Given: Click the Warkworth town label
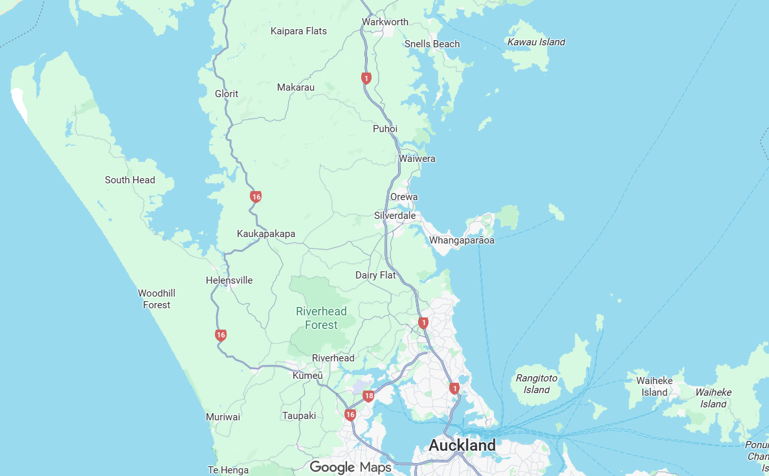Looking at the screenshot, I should click(x=385, y=22).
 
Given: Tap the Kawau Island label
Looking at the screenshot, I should click(x=536, y=42).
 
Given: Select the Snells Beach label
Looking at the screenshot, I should click(x=432, y=44).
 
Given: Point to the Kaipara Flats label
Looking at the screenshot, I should click(x=298, y=31).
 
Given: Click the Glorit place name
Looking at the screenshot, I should click(x=227, y=94).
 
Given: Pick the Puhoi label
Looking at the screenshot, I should click(x=385, y=129).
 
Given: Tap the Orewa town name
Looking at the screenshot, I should click(x=404, y=197).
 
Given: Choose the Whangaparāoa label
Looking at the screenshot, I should click(x=462, y=241).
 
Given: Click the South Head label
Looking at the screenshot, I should click(x=130, y=180).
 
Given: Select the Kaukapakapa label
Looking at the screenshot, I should click(x=266, y=234).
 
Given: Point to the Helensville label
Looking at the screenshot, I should click(x=229, y=280).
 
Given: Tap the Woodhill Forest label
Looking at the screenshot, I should click(x=157, y=299).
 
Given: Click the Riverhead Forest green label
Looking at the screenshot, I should click(x=321, y=318).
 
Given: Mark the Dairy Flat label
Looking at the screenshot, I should click(x=375, y=275).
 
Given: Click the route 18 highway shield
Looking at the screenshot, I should click(x=369, y=396).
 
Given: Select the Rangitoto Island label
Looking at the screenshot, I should click(x=537, y=384).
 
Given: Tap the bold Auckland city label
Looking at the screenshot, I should click(x=462, y=446).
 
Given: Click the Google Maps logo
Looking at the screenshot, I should click(x=350, y=467).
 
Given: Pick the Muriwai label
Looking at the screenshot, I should click(x=223, y=417).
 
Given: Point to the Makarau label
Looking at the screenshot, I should click(x=296, y=87).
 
